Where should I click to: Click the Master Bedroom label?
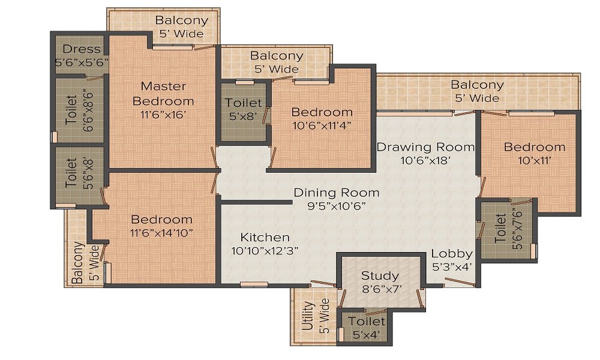point(163,94)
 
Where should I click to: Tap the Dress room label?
point(82,49)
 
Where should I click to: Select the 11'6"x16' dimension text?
point(163,115)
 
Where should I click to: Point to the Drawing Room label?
point(425,147)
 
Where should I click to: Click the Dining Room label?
point(337,193)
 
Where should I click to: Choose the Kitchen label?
point(265,237)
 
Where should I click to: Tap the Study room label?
point(380,276)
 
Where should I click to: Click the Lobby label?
point(452,254)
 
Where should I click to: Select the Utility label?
point(308,316)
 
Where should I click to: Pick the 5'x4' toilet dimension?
point(366,335)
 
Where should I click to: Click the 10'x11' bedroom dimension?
point(535,160)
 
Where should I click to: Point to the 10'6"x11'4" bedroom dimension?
point(322,125)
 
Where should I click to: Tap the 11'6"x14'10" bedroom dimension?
point(161,233)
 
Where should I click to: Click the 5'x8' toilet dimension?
point(243,116)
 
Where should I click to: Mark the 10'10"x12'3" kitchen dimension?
point(265,251)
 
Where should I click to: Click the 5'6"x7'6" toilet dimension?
point(517,229)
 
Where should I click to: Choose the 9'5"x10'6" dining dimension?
point(337,206)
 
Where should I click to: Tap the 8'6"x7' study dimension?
point(382,289)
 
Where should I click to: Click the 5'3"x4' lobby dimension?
point(452,267)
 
